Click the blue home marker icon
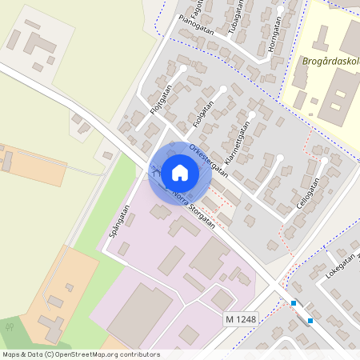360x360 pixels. [x=180, y=173]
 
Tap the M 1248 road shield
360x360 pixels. [x=241, y=319]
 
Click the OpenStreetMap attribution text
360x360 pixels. [x=80, y=354]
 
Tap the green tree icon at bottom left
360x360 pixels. [x=10, y=326]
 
